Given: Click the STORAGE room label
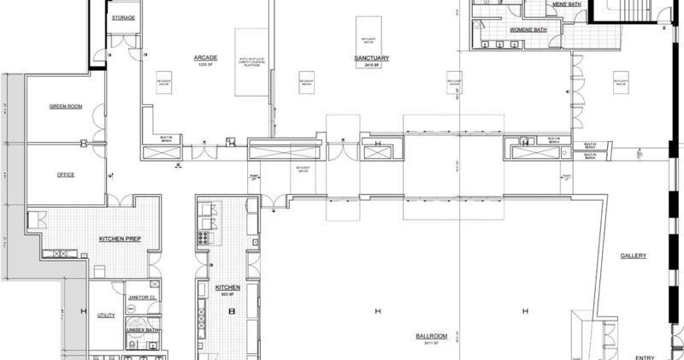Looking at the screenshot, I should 124,17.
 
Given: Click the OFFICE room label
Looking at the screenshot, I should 66,174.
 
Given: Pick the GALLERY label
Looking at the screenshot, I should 634,255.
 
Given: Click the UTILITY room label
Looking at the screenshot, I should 106,315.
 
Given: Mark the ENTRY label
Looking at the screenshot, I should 644,356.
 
